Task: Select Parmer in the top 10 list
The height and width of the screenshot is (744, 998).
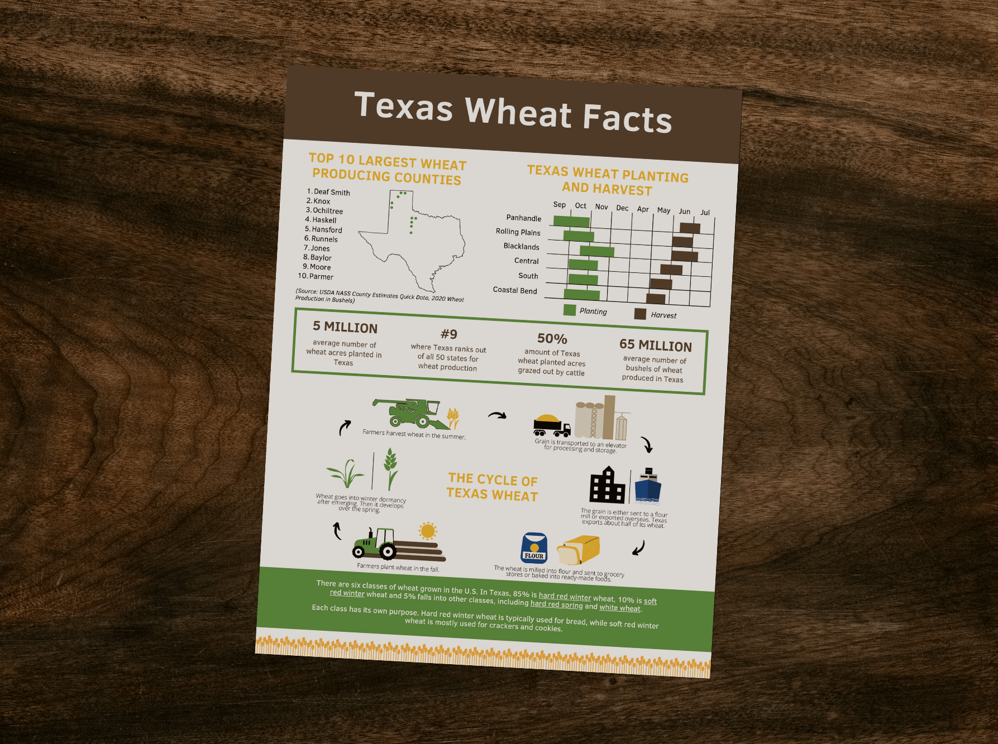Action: click(x=321, y=276)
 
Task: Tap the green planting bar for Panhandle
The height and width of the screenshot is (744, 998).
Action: click(x=571, y=221)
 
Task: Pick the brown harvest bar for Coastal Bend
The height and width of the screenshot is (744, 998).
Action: click(x=656, y=299)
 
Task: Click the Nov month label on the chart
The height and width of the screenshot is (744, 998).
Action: click(x=601, y=207)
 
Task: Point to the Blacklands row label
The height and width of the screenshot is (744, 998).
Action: click(x=521, y=246)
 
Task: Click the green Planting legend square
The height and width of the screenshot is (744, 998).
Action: click(x=570, y=310)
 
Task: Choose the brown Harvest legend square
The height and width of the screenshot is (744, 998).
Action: click(x=640, y=314)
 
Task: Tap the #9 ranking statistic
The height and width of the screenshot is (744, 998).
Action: click(x=448, y=334)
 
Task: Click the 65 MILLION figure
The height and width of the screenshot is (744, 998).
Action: click(x=655, y=346)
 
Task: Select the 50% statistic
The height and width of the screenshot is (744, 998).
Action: click(x=552, y=339)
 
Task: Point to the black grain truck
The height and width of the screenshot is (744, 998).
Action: click(x=551, y=426)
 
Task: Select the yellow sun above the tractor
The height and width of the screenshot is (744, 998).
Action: click(x=428, y=531)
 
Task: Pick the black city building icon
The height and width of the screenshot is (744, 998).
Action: click(x=607, y=486)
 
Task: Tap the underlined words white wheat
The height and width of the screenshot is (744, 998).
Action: click(x=619, y=608)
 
